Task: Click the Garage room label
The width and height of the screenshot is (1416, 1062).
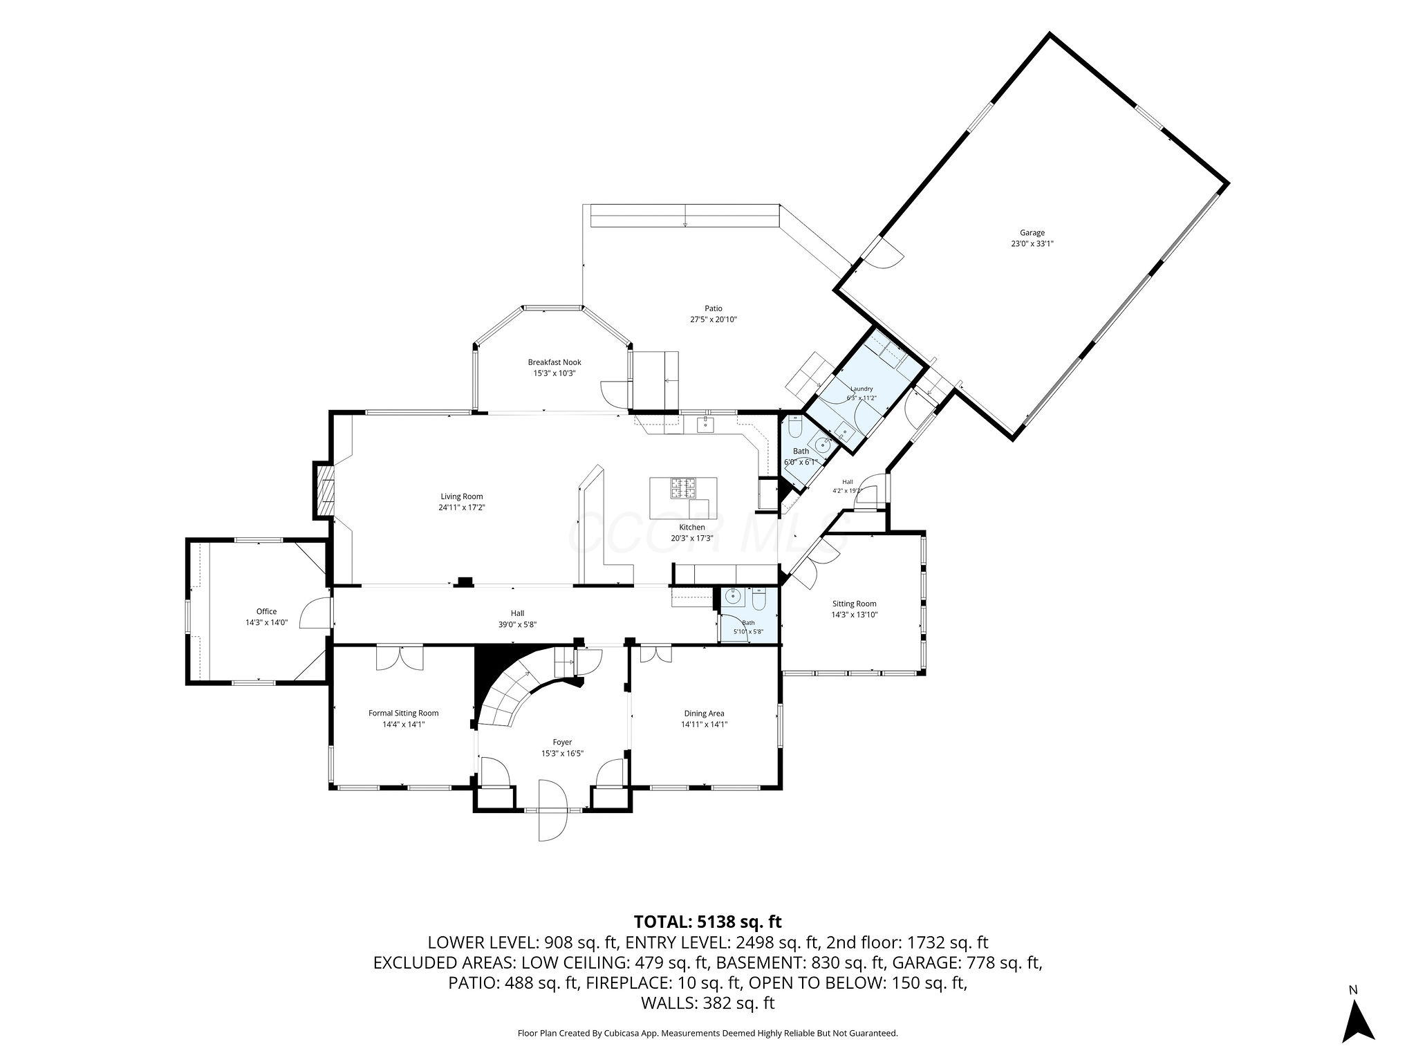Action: point(1032,233)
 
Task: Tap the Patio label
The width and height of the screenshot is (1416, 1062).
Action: point(714,308)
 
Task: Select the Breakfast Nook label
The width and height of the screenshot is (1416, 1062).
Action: point(555,362)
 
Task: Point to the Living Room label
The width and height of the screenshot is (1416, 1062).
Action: point(462,496)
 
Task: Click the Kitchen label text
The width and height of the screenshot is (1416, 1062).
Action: point(692,528)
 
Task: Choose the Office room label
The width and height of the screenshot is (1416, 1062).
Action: point(266,611)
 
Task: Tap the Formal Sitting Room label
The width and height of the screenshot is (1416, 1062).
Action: point(403,714)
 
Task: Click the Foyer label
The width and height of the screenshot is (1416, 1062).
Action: point(562,743)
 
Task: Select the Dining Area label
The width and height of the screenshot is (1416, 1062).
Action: point(704,714)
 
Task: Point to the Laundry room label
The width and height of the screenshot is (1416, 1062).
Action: point(861,389)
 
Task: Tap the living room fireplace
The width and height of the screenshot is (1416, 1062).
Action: point(323,490)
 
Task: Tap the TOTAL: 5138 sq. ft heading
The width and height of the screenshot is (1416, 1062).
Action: point(707,922)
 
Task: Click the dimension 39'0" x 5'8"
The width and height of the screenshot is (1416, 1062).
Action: point(517,624)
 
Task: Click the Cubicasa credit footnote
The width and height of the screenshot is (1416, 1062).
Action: point(707,1033)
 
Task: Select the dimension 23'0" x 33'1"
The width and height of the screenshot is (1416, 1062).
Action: point(1032,243)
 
